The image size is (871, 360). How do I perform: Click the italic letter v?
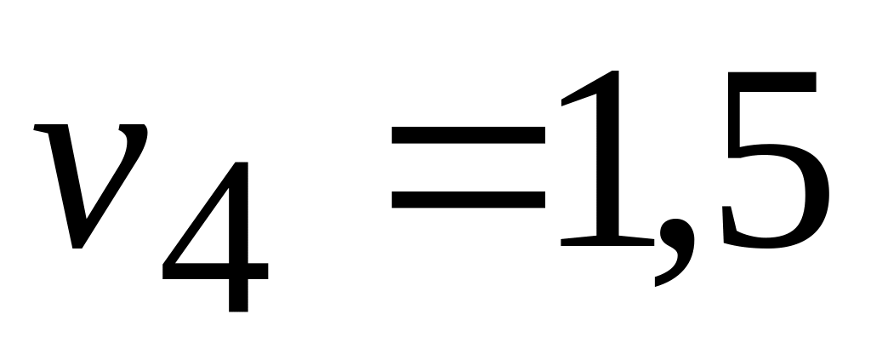tap(89, 183)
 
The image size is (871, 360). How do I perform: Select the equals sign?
tap(467, 167)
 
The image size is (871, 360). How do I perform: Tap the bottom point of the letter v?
tap(79, 243)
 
